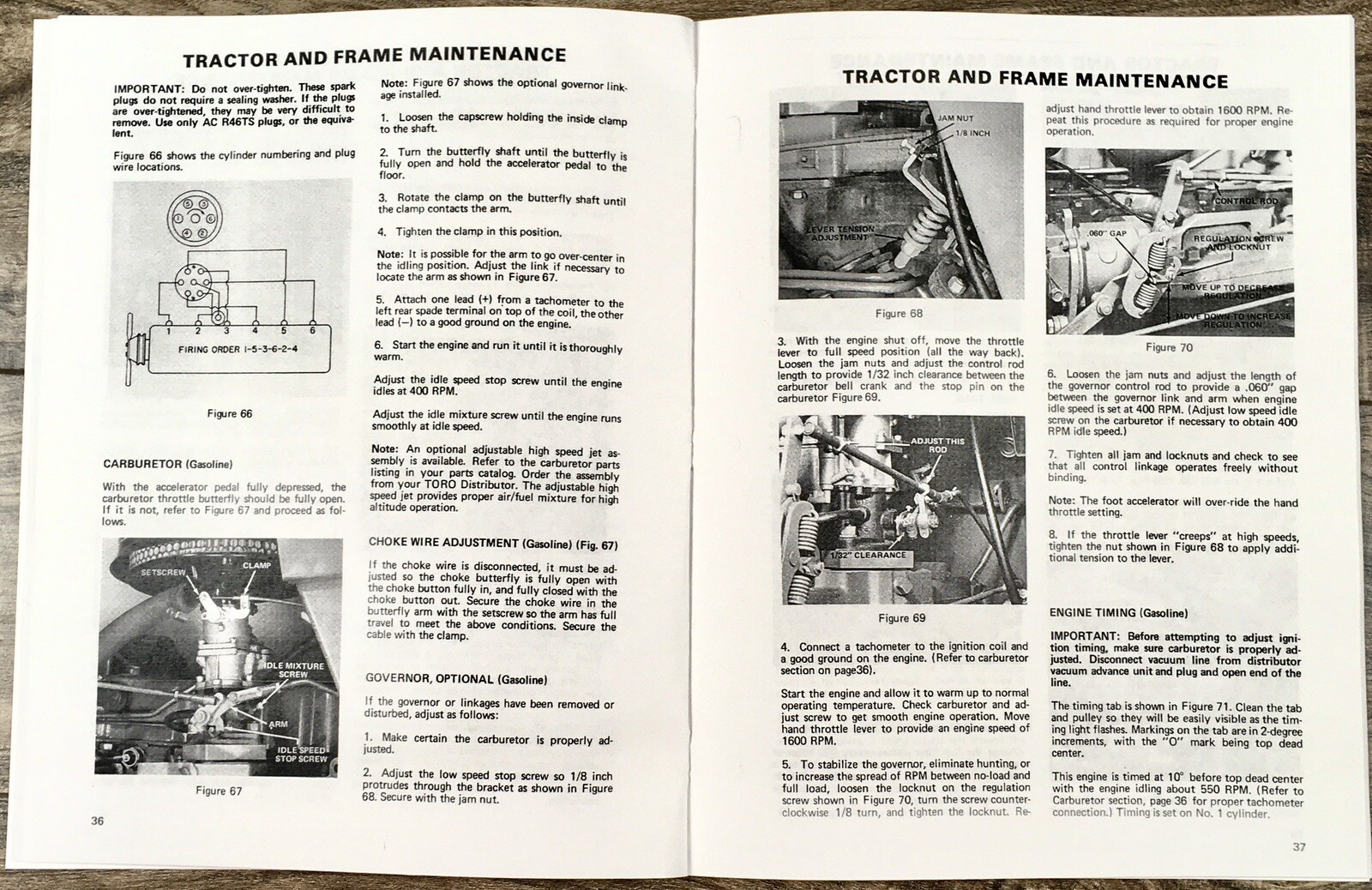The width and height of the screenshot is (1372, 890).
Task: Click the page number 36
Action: (x=98, y=821)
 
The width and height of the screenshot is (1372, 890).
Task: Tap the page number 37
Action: (x=1299, y=847)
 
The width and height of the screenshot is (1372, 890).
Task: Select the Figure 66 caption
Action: (x=230, y=413)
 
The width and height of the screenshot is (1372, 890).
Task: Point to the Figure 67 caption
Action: (x=219, y=791)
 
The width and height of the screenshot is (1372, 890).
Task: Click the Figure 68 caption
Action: (x=899, y=314)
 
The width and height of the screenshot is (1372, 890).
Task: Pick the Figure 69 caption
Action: (x=902, y=617)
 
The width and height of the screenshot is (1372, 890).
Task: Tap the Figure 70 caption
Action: (x=1169, y=347)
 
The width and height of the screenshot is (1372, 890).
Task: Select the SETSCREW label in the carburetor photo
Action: (x=163, y=571)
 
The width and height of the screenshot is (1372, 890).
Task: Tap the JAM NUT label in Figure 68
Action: (x=955, y=117)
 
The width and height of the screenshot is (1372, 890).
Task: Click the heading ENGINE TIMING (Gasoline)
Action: (x=1118, y=613)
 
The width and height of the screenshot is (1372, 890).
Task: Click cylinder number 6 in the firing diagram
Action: (x=312, y=330)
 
